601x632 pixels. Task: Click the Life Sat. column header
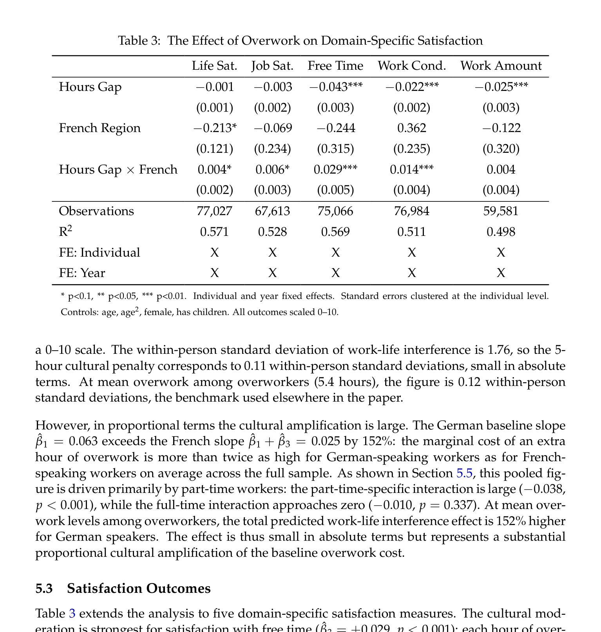pyautogui.click(x=214, y=66)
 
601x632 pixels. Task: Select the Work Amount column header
pyautogui.click(x=501, y=66)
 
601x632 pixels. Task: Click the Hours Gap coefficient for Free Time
pyautogui.click(x=336, y=87)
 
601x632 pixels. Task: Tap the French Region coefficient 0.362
pyautogui.click(x=411, y=128)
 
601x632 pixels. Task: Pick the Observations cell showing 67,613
pyautogui.click(x=272, y=211)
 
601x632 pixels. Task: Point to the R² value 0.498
pyautogui.click(x=501, y=232)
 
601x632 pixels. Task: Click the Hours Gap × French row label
pyautogui.click(x=118, y=170)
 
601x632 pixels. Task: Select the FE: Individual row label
pyautogui.click(x=99, y=252)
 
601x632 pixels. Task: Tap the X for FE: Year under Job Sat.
pyautogui.click(x=272, y=273)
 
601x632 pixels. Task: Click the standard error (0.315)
pyautogui.click(x=335, y=149)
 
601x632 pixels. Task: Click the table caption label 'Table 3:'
pyautogui.click(x=139, y=41)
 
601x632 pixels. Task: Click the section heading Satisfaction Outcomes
pyautogui.click(x=139, y=589)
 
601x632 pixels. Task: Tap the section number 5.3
pyautogui.click(x=44, y=589)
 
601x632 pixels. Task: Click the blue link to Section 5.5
pyautogui.click(x=464, y=473)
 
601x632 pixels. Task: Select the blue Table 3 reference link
pyautogui.click(x=72, y=613)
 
